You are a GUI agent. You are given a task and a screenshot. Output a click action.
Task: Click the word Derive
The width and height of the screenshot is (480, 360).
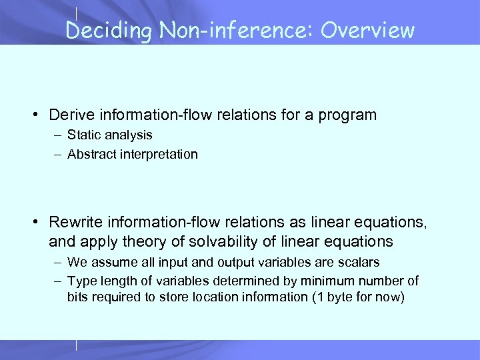click(71, 115)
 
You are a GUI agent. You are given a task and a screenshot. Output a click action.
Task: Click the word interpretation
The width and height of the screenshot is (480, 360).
click(157, 154)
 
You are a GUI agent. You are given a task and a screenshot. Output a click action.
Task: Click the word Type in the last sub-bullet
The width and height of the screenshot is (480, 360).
click(81, 281)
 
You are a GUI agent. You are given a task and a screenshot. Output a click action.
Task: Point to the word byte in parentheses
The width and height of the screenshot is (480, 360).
click(338, 297)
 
